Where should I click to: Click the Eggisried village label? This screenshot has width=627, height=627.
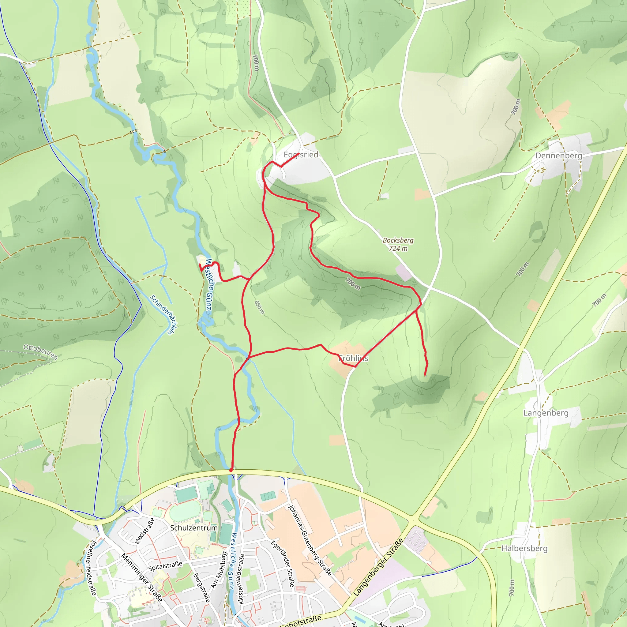click(301, 155)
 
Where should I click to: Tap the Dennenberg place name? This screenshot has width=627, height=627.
click(558, 156)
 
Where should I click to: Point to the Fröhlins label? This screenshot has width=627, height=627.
click(353, 359)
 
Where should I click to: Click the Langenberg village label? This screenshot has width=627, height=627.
click(546, 413)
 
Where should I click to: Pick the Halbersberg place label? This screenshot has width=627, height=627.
click(524, 548)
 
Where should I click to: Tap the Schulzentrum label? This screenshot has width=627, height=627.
click(194, 528)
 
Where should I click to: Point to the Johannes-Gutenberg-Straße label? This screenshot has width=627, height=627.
click(310, 540)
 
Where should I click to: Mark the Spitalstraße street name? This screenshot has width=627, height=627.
click(165, 566)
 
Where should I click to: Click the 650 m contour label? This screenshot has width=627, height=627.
click(260, 307)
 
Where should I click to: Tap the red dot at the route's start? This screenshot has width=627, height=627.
click(231, 470)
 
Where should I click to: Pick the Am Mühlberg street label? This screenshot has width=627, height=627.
click(219, 570)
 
